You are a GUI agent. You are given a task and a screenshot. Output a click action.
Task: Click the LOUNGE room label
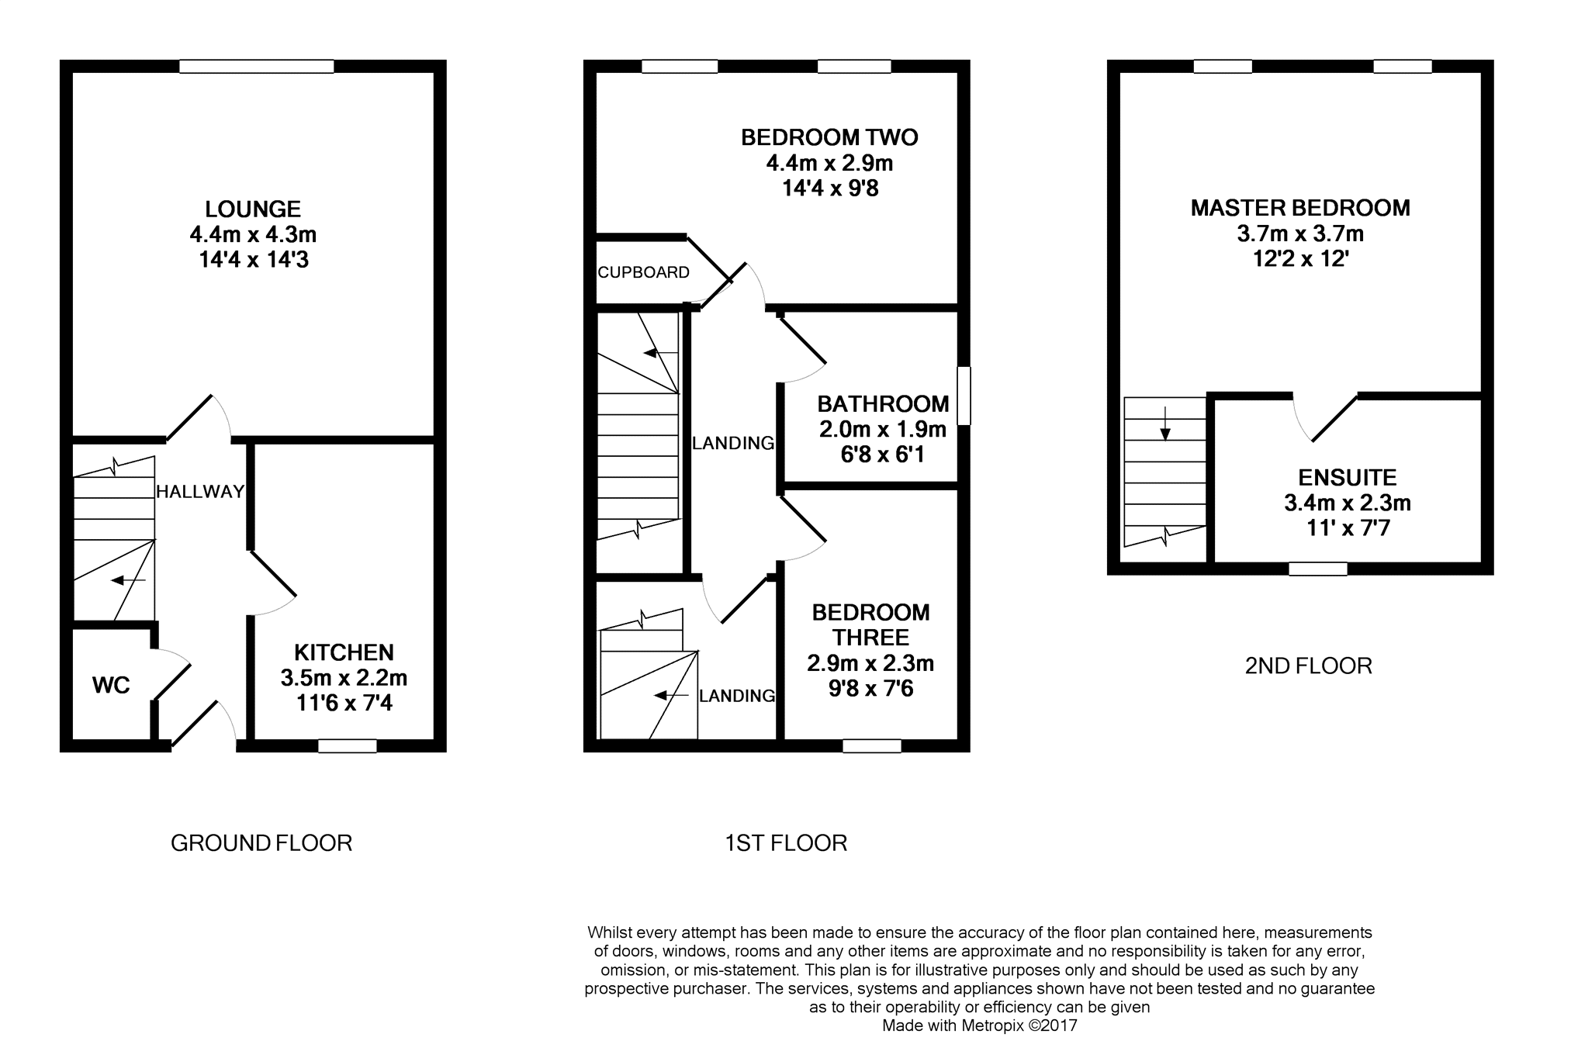[253, 209]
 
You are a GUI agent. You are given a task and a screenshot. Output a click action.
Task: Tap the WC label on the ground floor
[111, 685]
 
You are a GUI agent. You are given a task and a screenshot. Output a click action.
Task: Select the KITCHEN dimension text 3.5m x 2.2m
[344, 678]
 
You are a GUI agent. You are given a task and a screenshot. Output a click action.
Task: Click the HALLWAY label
[200, 491]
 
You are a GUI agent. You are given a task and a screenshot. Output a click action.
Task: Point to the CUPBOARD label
[643, 272]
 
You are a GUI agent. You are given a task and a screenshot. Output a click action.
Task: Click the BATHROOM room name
[883, 404]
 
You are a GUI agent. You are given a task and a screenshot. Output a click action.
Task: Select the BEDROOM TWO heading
[829, 137]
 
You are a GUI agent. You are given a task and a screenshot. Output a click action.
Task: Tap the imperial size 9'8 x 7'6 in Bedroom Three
[870, 689]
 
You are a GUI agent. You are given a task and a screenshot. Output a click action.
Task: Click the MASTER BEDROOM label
[1300, 208]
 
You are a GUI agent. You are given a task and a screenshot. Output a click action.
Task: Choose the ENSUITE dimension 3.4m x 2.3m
[1347, 503]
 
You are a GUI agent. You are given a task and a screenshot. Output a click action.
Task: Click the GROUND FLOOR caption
[261, 843]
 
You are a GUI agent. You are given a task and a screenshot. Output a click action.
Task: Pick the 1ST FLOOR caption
[785, 843]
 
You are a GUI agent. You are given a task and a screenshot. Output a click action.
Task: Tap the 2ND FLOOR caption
[1308, 666]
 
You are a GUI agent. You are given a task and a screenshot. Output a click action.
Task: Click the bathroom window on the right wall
[964, 396]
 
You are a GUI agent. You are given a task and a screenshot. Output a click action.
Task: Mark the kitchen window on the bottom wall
[348, 746]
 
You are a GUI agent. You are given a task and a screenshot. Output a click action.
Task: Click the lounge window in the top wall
[256, 67]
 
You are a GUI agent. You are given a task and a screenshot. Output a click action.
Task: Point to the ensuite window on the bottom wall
[1317, 569]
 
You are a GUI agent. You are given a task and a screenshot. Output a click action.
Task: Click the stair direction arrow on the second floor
[1164, 430]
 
